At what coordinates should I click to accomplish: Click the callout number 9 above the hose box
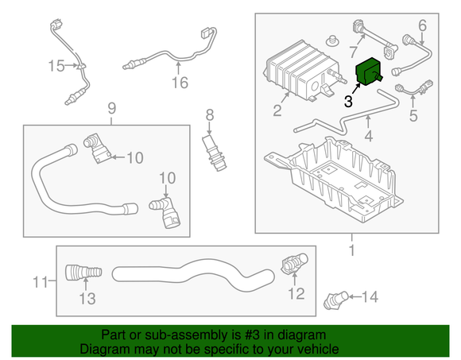pos(111,107)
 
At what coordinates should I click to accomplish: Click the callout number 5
pos(413,116)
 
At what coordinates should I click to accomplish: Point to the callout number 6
pos(422,25)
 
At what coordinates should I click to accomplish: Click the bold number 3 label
pos(348,101)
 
